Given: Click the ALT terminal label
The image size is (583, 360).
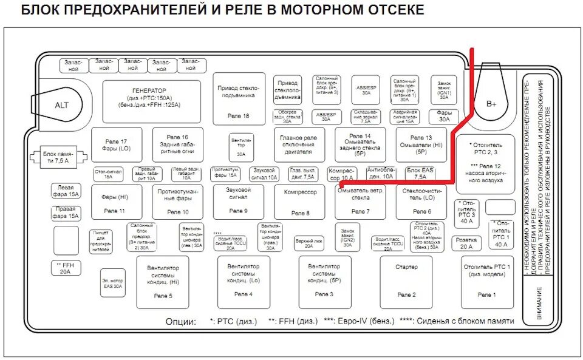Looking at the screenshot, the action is click(x=61, y=105).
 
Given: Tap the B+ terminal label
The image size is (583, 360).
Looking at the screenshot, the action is click(x=491, y=104).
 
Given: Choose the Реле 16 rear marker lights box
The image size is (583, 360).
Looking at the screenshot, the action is click(x=177, y=144).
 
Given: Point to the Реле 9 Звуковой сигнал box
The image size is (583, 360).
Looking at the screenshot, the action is click(x=238, y=201).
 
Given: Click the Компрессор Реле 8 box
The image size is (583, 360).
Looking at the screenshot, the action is click(x=300, y=202).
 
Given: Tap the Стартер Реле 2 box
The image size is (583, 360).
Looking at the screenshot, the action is click(x=406, y=281).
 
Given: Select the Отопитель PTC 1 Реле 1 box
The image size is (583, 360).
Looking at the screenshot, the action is click(x=487, y=281).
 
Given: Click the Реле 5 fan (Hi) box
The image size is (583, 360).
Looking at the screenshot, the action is click(x=162, y=281).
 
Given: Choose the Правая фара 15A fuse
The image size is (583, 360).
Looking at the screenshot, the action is click(x=66, y=212).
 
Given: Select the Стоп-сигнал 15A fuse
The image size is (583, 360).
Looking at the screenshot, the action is click(x=108, y=174).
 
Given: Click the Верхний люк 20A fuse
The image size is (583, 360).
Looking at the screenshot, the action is click(x=309, y=243).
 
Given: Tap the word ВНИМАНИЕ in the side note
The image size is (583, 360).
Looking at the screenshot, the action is click(x=539, y=301).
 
